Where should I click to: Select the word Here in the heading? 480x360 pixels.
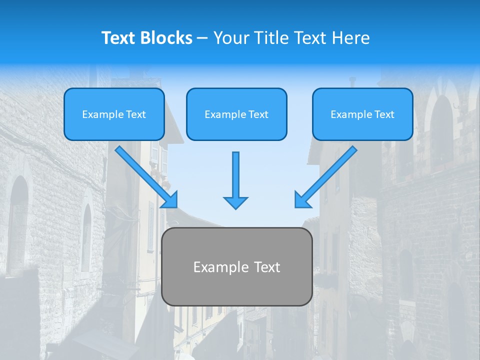tap(351, 38)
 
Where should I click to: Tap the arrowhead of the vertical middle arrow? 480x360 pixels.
tap(235, 202)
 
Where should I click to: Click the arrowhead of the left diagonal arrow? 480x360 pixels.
tap(170, 199)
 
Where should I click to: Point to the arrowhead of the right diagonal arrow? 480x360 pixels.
tap(302, 199)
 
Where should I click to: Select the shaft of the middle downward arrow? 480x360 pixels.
tap(235, 172)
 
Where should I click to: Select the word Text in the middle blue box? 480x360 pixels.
tap(258, 114)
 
